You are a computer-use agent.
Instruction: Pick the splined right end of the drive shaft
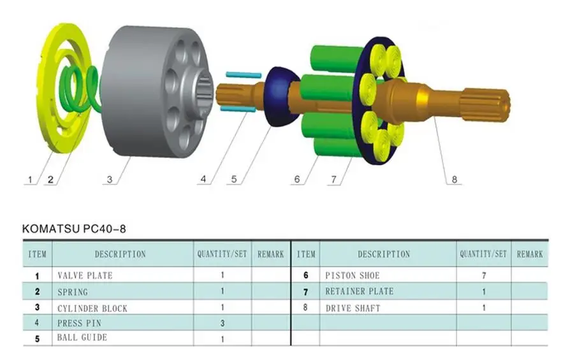point(484,106)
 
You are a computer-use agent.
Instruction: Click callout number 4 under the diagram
point(203,179)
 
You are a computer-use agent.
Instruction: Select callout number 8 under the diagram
point(454,180)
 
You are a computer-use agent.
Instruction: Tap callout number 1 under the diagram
point(30,180)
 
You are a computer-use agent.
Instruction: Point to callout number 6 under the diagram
point(297,179)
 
